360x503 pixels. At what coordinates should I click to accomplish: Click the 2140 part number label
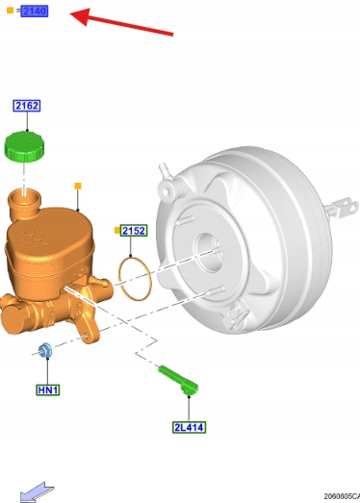(x=34, y=12)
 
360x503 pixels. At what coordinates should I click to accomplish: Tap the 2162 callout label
(x=27, y=106)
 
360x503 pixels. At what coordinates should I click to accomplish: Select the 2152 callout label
(x=134, y=230)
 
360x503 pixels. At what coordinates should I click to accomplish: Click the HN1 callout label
(x=48, y=390)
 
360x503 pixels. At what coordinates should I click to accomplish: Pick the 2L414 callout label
(x=189, y=427)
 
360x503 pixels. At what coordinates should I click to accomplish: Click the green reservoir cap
(x=24, y=146)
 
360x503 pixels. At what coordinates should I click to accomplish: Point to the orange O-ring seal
(x=135, y=279)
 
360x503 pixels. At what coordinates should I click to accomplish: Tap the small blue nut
(x=45, y=350)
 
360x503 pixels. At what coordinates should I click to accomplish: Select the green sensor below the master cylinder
(x=178, y=380)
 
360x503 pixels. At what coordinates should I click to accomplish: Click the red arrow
(x=121, y=22)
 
